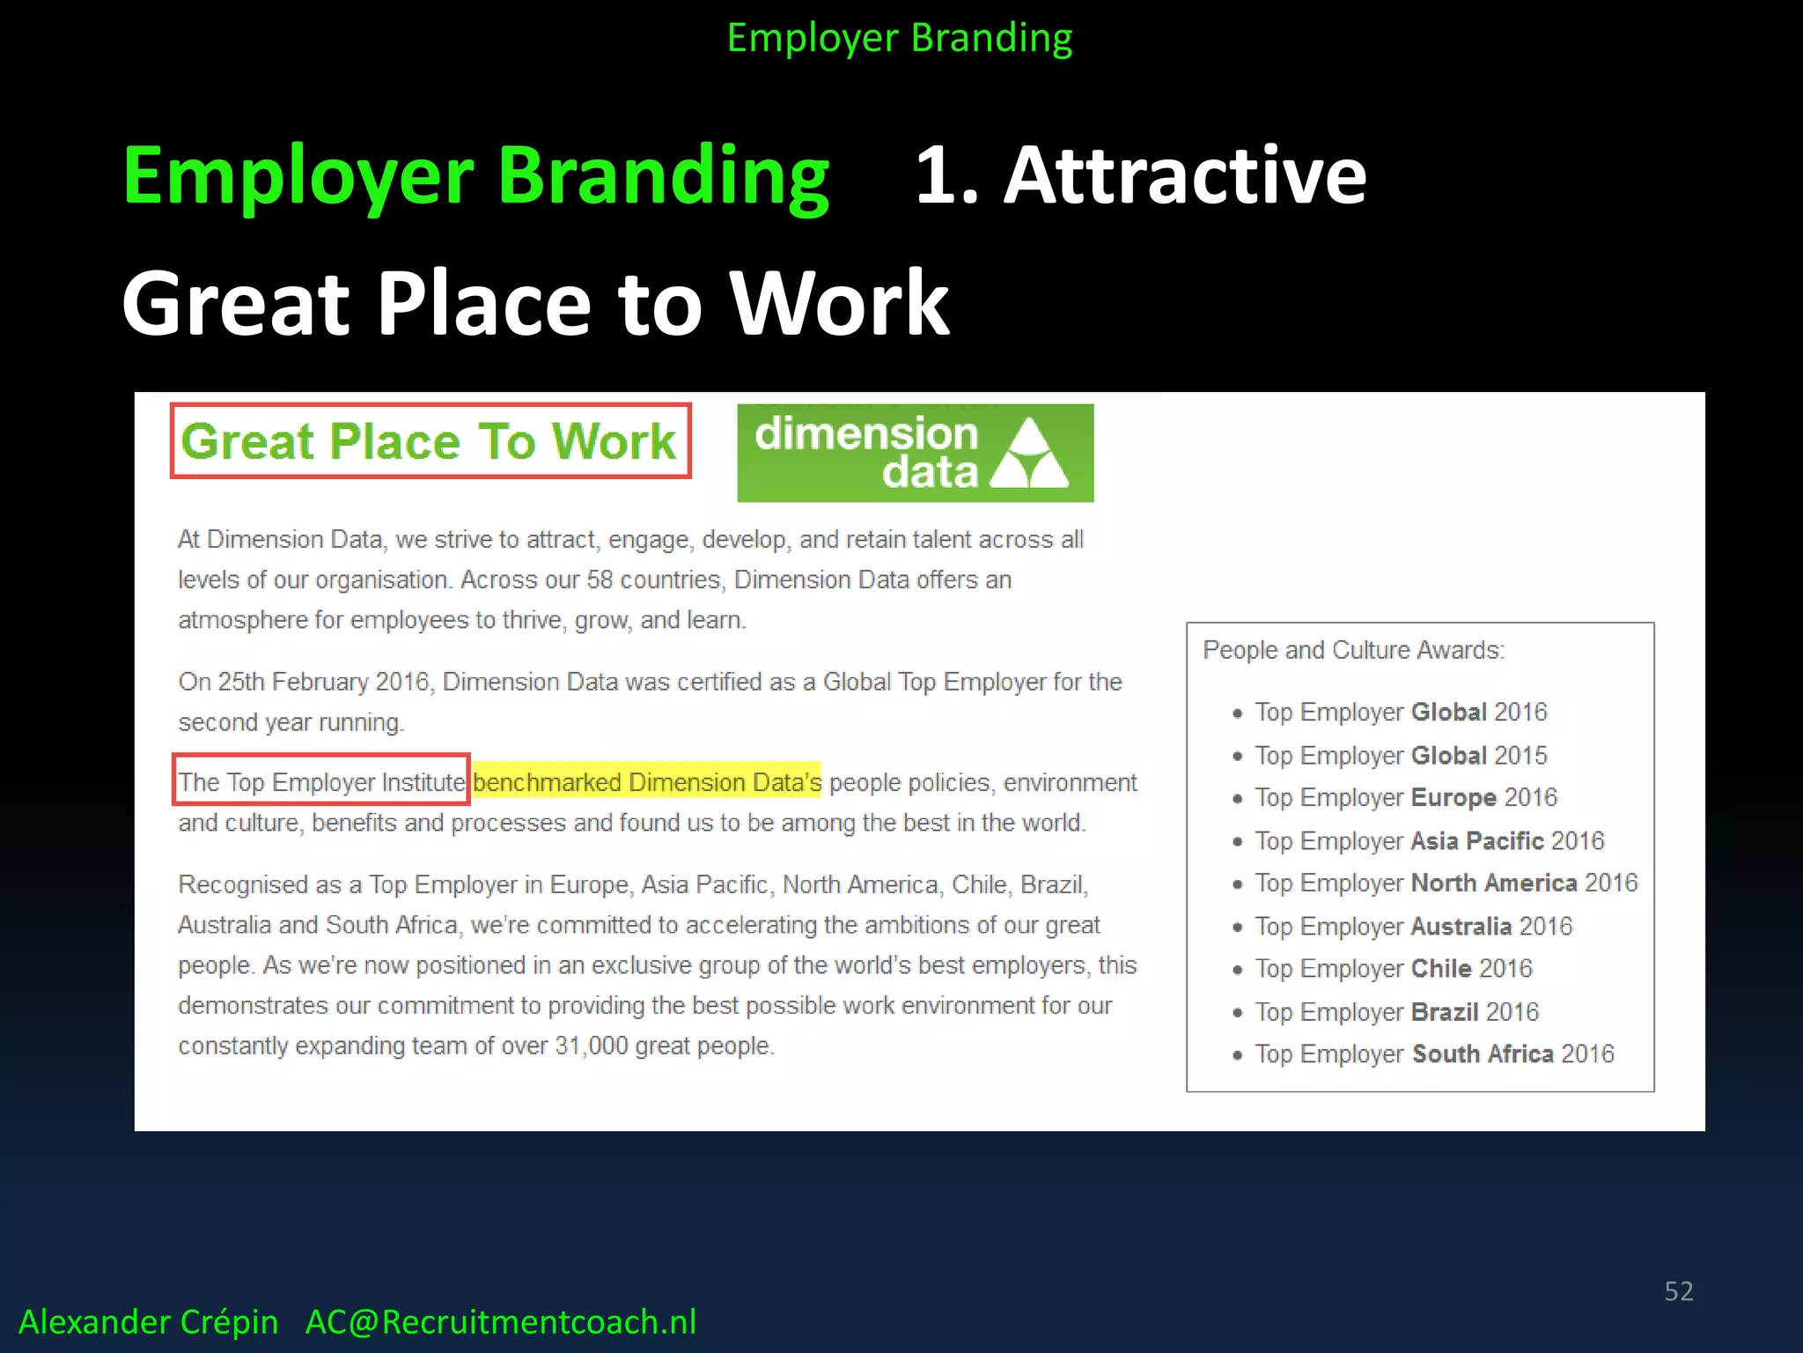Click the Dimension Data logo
pos(915,453)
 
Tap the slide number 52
pos(1678,1290)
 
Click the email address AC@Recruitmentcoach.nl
pos(500,1321)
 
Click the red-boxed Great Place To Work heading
pos(430,441)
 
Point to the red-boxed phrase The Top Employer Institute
pos(321,781)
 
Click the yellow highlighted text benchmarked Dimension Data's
pos(646,781)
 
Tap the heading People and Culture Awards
pos(1353,650)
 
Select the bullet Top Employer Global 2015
pos(1400,755)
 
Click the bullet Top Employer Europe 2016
pos(1405,797)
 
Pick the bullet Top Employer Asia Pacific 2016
pos(1429,840)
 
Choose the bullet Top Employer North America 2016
pos(1446,883)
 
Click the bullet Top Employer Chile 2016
pos(1393,968)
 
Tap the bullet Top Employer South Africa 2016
pos(1434,1054)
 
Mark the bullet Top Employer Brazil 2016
pos(1396,1011)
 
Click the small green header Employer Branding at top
pos(900,38)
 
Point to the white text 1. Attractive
pos(1141,175)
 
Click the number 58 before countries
pos(600,580)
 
